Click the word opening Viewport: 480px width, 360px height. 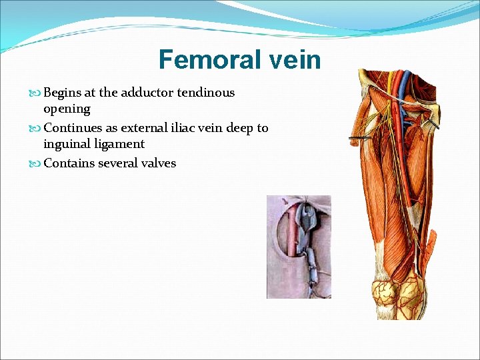(x=67, y=109)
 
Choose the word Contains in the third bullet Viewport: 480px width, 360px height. (x=69, y=163)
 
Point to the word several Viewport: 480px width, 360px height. (x=118, y=163)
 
